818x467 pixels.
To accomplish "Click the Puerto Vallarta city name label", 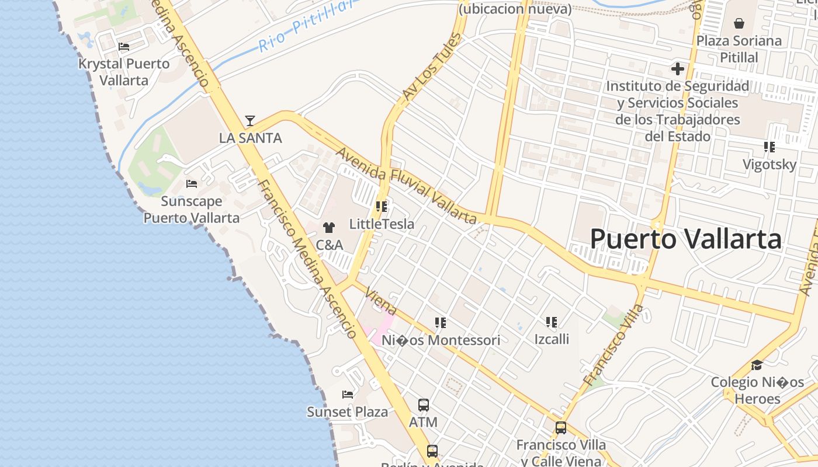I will click(x=685, y=239).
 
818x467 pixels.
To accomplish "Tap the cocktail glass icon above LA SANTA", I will click(x=250, y=121).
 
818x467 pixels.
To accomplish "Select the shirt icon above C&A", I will click(x=329, y=228).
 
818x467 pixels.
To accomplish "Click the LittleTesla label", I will click(x=382, y=224).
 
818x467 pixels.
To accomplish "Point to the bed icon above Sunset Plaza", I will click(x=348, y=395).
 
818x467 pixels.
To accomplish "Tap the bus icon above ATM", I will click(x=424, y=405).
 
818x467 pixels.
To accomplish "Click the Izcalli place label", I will click(x=552, y=339).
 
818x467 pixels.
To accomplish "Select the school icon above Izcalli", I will click(x=552, y=322).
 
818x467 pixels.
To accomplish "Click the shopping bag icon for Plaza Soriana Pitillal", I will click(x=739, y=23).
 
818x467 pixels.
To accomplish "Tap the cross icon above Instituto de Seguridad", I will click(x=678, y=69).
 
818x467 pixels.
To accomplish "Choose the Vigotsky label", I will click(x=770, y=165).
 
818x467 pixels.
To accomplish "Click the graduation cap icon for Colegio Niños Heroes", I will click(x=757, y=365).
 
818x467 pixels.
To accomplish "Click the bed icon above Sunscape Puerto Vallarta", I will click(x=192, y=184).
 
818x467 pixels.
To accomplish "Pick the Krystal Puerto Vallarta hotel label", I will click(x=124, y=72).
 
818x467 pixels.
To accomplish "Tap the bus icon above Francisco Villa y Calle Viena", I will click(x=561, y=428).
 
